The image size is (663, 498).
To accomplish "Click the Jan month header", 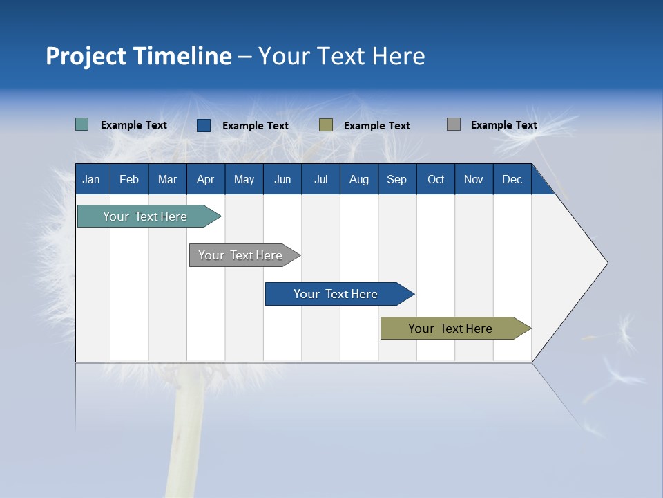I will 91,180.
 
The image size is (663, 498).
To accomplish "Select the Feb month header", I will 129,180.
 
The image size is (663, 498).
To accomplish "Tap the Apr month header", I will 205,180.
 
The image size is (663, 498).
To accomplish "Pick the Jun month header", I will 282,180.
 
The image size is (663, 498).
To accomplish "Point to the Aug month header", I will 358,180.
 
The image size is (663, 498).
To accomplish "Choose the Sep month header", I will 396,180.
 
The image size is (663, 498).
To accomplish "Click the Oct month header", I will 436,180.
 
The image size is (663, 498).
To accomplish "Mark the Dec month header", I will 512,180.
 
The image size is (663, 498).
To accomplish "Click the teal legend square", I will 82,124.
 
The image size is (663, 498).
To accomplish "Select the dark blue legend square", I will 204,125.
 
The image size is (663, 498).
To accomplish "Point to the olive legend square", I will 326,125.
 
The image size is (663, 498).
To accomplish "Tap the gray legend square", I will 454,124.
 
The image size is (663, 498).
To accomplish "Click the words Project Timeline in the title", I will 139,56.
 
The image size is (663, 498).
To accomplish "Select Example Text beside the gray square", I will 503,125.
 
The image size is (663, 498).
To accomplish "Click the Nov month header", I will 474,180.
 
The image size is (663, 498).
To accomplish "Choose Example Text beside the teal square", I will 134,125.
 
